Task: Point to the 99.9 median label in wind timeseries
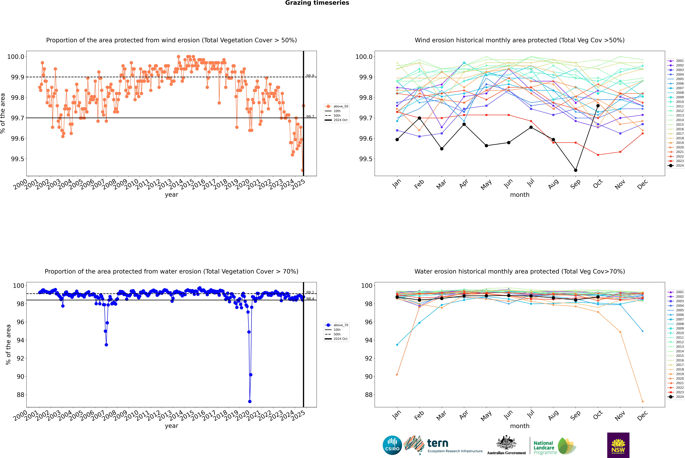tap(310, 76)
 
